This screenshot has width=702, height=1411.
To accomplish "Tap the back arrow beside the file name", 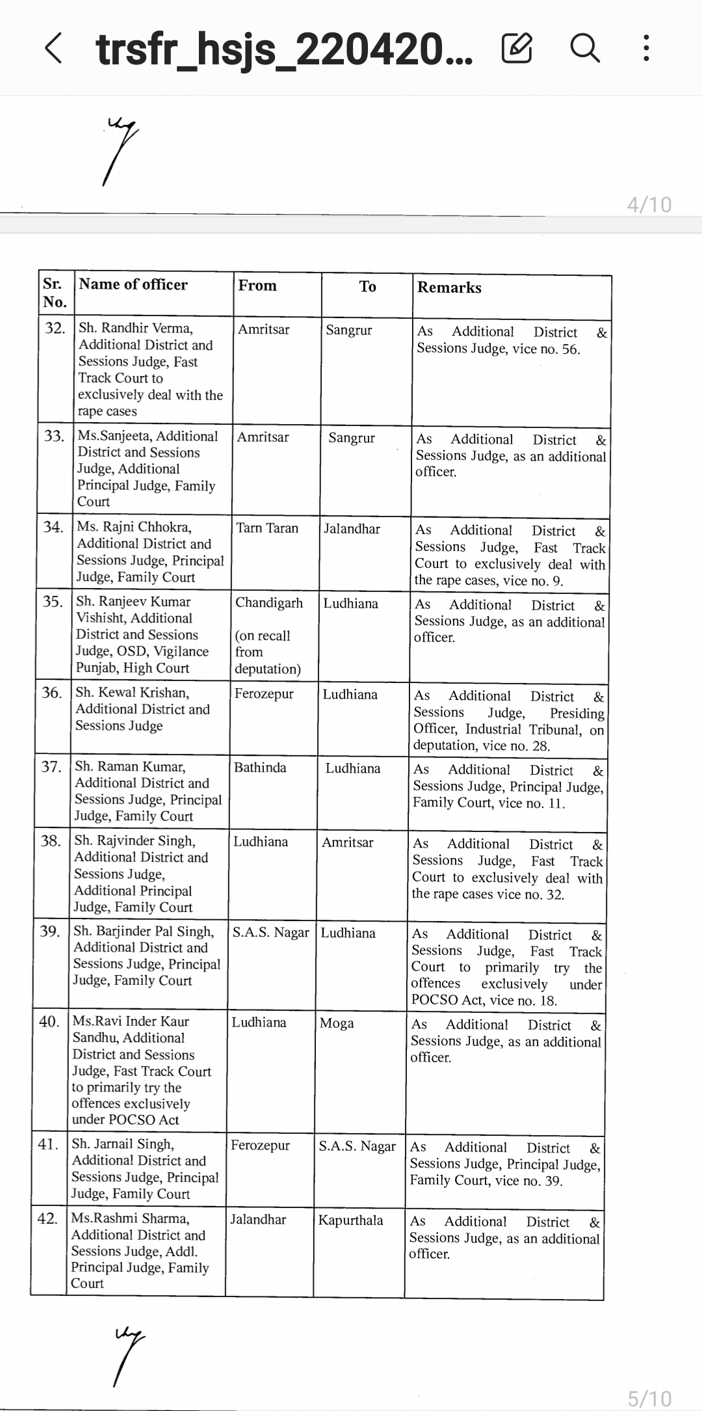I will (53, 49).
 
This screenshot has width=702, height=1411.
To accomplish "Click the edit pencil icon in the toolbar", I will (517, 48).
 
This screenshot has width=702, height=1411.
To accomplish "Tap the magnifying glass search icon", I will (584, 48).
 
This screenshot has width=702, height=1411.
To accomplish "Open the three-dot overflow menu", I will (645, 48).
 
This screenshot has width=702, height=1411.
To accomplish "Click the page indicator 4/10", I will (649, 204).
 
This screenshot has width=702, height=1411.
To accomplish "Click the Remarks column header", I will (449, 288).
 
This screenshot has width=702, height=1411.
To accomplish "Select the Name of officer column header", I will (133, 284).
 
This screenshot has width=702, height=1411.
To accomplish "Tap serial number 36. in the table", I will (52, 693).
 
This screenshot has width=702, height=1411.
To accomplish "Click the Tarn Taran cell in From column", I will (267, 528).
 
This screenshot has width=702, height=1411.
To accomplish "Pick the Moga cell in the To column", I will (337, 1023).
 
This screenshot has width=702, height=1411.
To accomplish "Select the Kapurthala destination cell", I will (350, 1220).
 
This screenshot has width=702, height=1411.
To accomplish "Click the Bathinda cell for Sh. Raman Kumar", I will (260, 768).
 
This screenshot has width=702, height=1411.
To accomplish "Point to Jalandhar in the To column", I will (352, 528).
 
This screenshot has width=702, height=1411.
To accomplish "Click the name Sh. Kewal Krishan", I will (133, 692).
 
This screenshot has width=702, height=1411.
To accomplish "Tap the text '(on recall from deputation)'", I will (267, 652).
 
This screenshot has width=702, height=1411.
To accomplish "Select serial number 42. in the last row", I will (48, 1218).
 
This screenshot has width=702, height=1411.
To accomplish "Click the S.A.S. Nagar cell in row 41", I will (357, 1146).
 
